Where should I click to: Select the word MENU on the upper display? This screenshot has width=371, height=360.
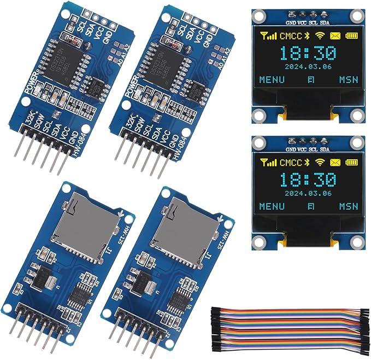pos(272,80)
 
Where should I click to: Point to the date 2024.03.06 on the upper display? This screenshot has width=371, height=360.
pos(309,67)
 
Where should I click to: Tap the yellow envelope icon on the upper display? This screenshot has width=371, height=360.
pos(334,36)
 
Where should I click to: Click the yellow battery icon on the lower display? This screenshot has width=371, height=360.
pos(350,162)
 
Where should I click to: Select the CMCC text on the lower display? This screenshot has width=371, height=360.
pos(290,162)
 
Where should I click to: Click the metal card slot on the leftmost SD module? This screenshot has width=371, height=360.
pos(81,224)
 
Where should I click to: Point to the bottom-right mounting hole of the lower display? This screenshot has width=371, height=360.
pos(357,240)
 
